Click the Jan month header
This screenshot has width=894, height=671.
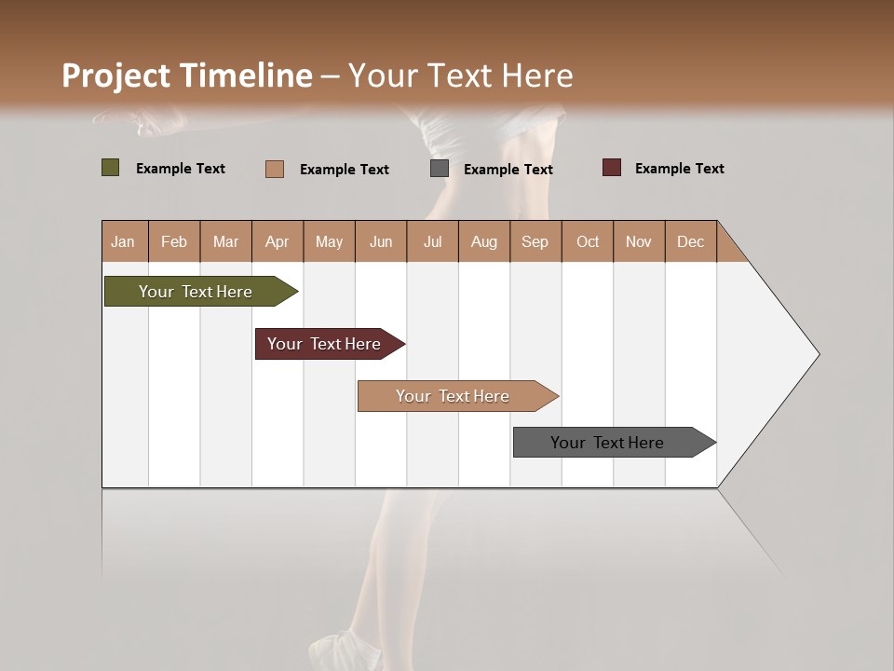point(124,241)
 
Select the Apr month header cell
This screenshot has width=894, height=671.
point(278,241)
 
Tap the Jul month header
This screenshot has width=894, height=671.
point(432,241)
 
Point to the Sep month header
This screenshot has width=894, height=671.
point(535,241)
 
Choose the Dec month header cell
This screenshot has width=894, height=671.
point(690,241)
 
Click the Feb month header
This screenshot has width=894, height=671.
point(174,241)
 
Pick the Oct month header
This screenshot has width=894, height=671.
point(588,241)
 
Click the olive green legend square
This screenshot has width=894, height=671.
point(110,168)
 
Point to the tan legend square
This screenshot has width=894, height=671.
point(274,169)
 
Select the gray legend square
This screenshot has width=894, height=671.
point(440,169)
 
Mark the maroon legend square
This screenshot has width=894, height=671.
point(611,168)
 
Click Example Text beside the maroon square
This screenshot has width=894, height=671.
point(679,169)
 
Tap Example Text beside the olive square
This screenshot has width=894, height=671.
point(180,169)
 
